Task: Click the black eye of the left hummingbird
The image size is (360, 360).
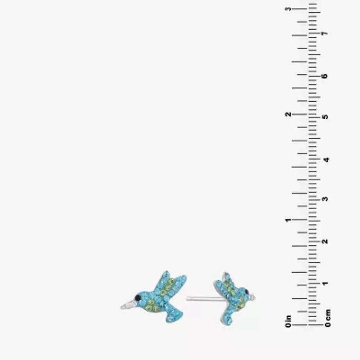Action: coord(138,298)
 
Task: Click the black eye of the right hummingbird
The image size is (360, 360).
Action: coord(247,292)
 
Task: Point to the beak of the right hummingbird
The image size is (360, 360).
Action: coord(252,298)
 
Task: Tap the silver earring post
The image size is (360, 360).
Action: coord(204,298)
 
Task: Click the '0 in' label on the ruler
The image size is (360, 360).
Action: coord(288,321)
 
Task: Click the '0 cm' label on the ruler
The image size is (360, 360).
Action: coord(328,318)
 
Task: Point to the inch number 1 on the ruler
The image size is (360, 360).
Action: coord(288,220)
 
